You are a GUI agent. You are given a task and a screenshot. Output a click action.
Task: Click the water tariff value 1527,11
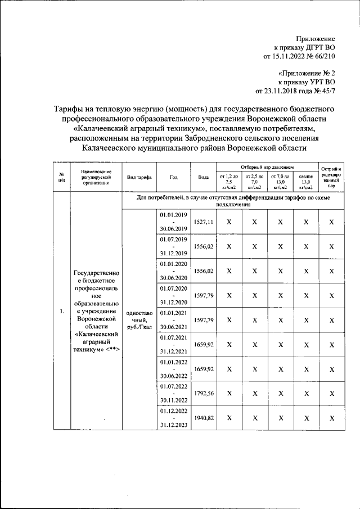point(203,222)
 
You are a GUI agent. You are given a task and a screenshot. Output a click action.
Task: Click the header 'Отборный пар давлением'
point(268,167)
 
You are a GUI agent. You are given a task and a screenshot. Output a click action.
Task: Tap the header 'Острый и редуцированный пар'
point(331,177)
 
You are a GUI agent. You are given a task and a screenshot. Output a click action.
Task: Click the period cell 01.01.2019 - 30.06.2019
point(174,222)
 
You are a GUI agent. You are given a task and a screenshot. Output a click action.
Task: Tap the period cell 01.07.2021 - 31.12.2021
point(174,344)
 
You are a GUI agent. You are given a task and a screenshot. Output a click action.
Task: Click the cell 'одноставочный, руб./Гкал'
point(138,320)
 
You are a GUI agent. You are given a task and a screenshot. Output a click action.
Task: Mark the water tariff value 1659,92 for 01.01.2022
point(203,369)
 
